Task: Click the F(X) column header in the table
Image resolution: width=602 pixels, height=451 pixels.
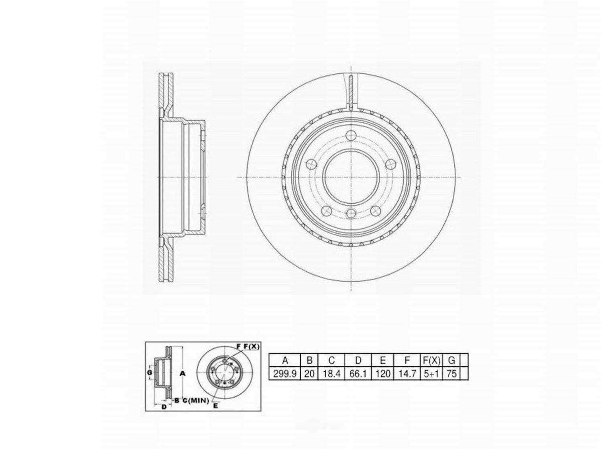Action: (x=431, y=360)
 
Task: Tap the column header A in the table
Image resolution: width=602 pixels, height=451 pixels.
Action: (x=285, y=360)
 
